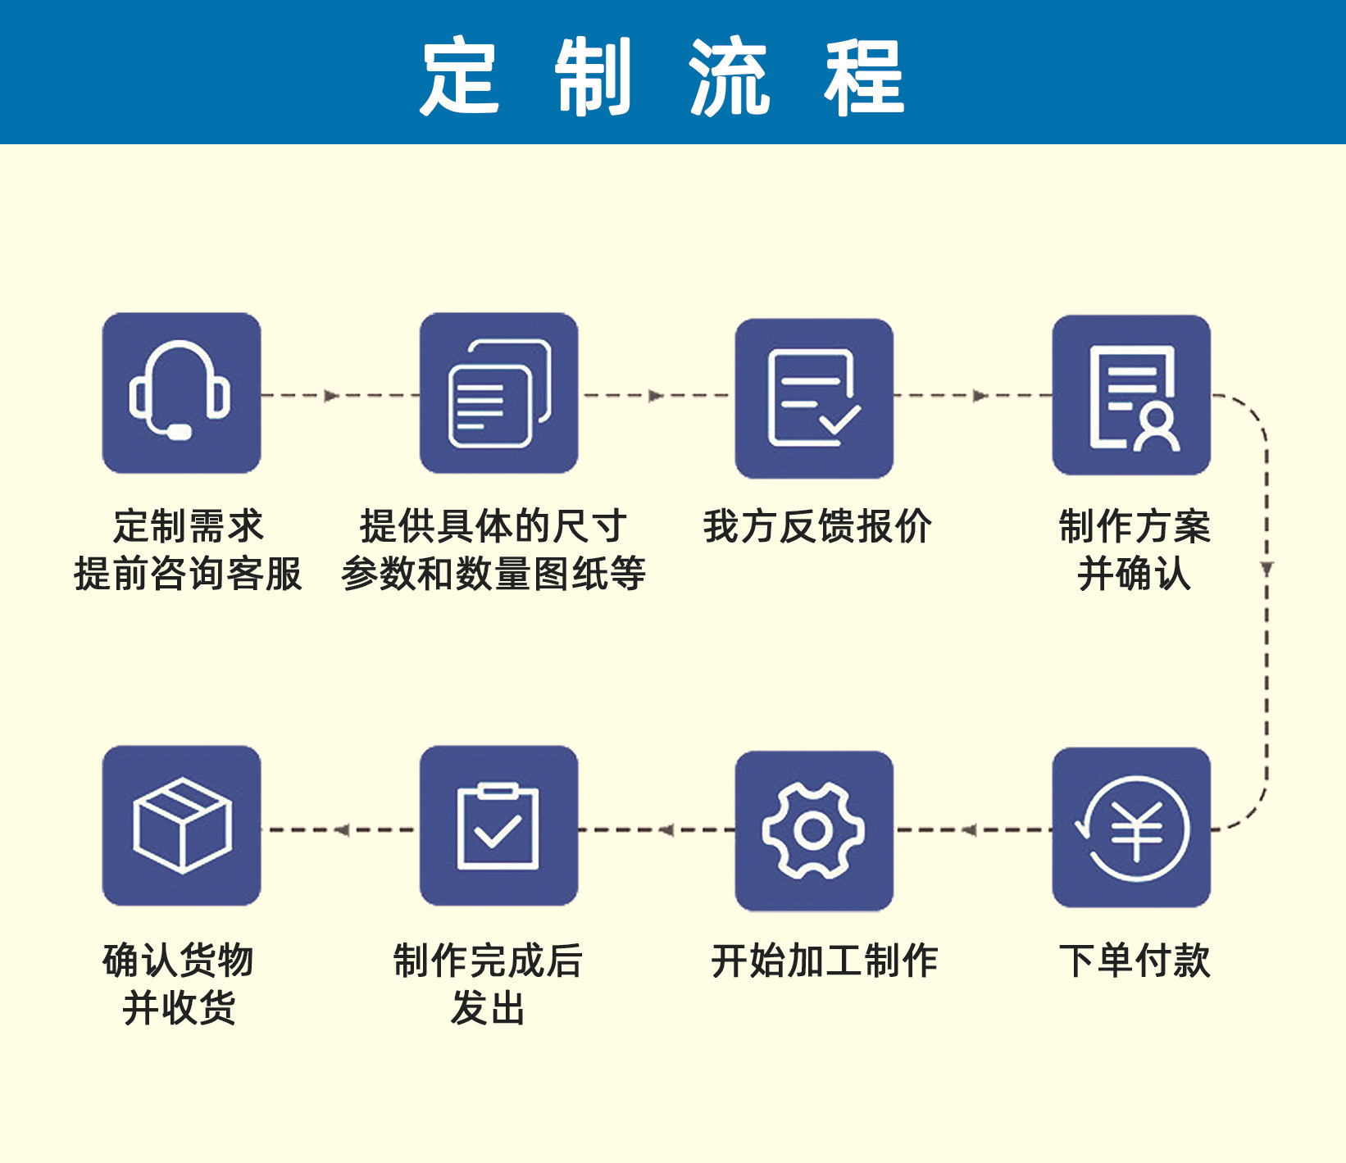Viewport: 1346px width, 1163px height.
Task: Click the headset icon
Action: pos(181,393)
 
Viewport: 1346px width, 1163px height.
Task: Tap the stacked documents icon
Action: pos(498,393)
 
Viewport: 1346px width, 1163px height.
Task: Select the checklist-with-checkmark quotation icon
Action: pos(814,398)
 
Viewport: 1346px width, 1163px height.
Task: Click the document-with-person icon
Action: pos(1131,395)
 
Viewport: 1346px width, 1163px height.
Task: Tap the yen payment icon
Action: pos(1131,828)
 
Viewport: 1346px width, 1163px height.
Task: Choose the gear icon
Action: pos(814,830)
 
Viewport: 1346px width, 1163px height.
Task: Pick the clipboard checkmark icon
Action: pos(498,825)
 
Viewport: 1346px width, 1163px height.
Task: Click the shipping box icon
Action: pos(181,825)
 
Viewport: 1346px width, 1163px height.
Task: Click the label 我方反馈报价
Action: pos(817,526)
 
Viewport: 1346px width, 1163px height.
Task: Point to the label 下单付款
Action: pos(1135,960)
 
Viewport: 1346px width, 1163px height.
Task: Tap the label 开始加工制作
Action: pos(824,960)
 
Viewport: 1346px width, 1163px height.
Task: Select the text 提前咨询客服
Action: pos(189,574)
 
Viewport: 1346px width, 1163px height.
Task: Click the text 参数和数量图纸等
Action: pos(493,574)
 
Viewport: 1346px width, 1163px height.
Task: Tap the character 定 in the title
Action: pos(460,76)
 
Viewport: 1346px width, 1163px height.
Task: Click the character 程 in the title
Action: pos(865,76)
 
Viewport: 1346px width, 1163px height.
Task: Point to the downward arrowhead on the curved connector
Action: pos(1266,568)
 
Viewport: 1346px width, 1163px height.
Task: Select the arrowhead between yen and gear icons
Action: pos(970,830)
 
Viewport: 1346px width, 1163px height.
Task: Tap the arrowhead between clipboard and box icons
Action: pos(342,830)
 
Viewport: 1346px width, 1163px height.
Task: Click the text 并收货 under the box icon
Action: pos(179,1007)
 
